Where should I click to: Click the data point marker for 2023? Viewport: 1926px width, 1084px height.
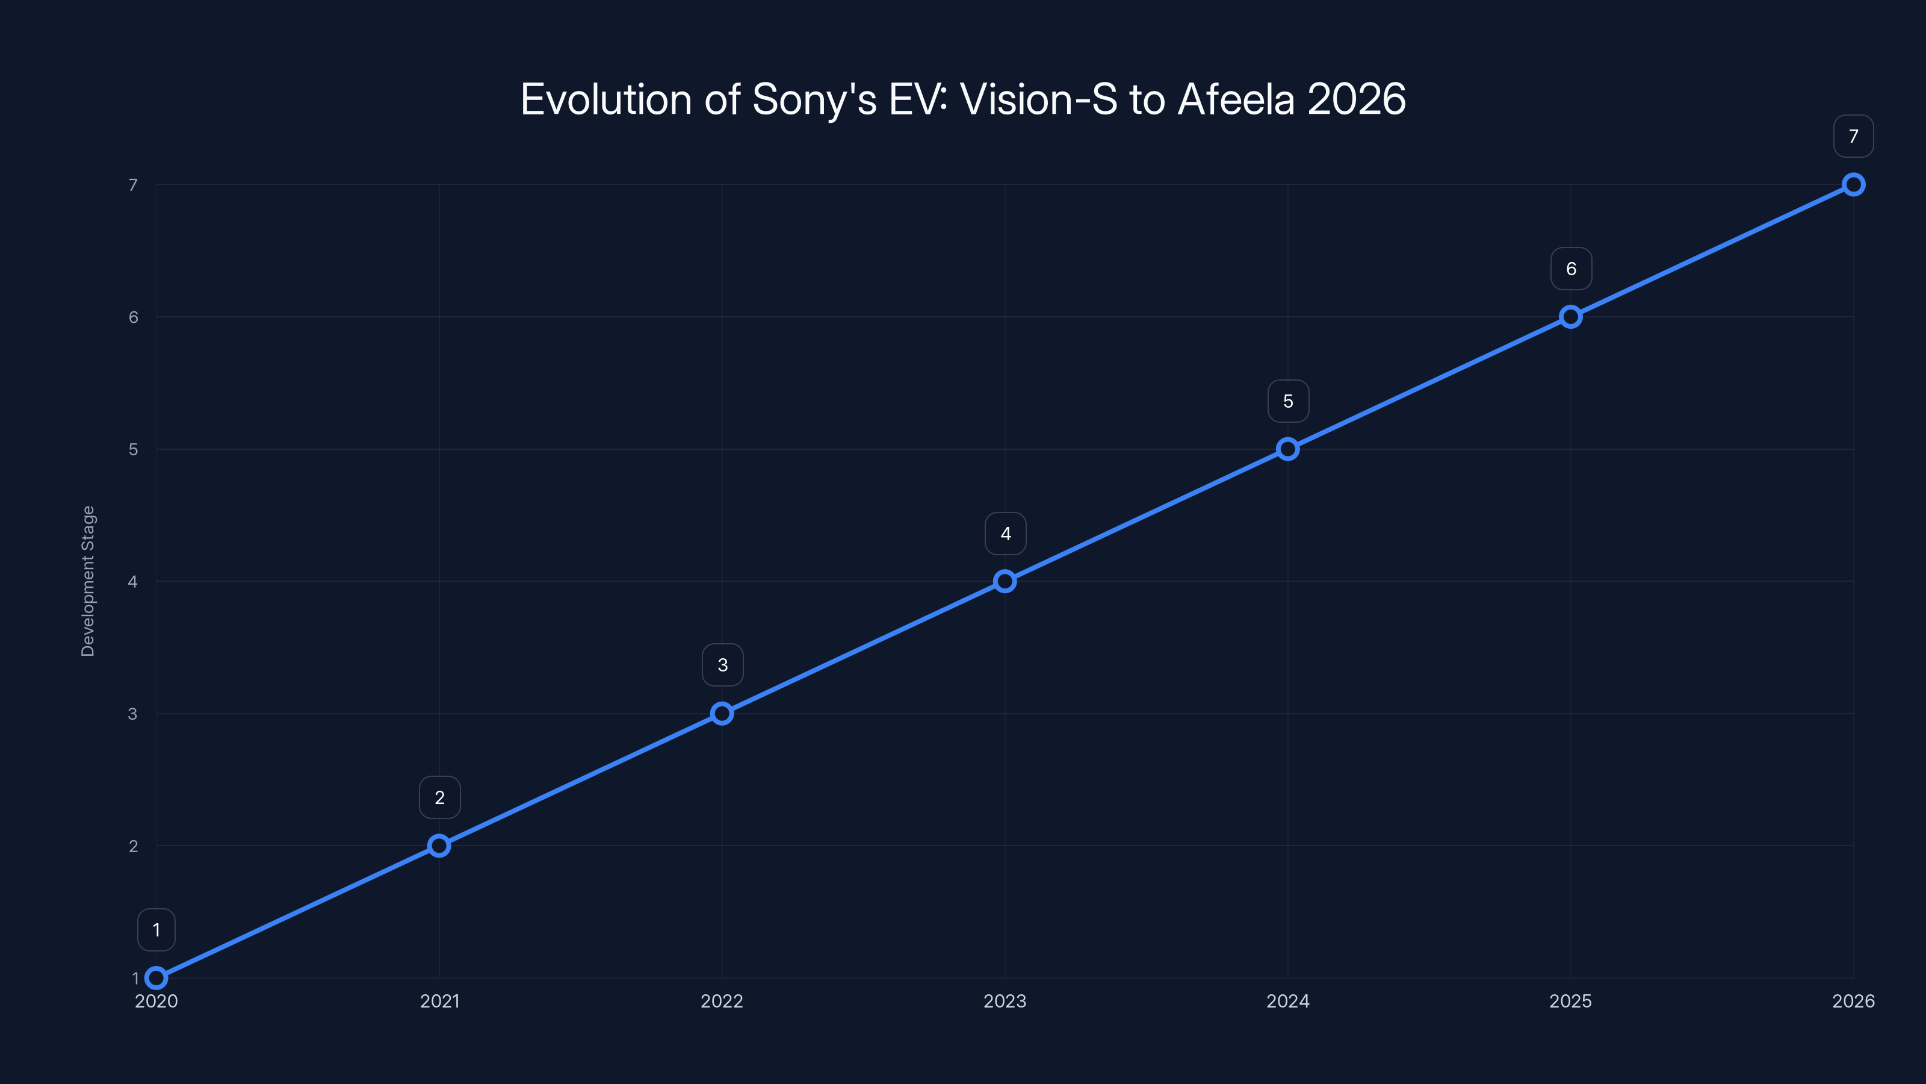click(1005, 581)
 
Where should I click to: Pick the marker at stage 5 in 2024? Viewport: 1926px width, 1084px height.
click(1287, 449)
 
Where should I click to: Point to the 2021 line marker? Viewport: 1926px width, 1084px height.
click(439, 846)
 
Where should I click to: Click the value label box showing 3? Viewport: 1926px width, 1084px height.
click(722, 665)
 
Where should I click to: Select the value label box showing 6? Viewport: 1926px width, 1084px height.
click(1571, 269)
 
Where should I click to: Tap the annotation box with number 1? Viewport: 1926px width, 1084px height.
click(156, 930)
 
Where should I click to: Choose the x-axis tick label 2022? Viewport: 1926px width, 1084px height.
click(722, 1001)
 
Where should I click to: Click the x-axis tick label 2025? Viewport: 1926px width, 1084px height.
click(1570, 1001)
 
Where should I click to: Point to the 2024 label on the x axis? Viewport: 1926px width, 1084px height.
click(1287, 1001)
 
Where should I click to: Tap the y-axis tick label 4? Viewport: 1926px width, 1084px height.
click(133, 581)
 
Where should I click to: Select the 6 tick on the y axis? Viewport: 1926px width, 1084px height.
click(133, 317)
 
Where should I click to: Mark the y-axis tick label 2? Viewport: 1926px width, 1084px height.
click(133, 846)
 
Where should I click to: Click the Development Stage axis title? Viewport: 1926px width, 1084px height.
click(88, 581)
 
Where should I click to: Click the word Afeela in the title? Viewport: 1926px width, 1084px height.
click(1236, 99)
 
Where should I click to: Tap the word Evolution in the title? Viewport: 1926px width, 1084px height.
click(606, 99)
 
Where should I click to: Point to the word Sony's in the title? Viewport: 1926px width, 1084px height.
click(814, 99)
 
